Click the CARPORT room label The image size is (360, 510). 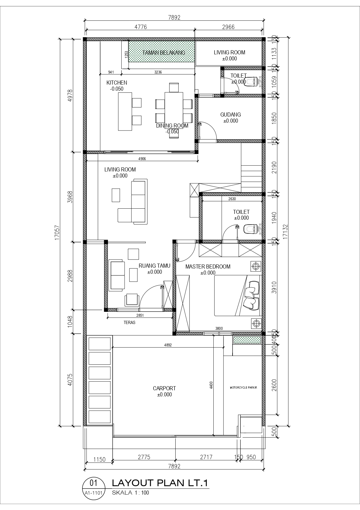164,388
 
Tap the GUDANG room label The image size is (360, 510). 231,115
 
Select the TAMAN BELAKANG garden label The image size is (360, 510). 164,53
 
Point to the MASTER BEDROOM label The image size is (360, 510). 208,266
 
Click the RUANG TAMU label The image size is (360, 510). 154,266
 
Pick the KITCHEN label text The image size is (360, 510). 117,83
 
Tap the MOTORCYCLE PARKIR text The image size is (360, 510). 243,387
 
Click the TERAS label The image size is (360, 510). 129,323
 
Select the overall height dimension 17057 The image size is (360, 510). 57,232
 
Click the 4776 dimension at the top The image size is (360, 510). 141,27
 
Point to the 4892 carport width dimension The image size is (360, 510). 168,345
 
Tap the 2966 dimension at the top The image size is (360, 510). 228,27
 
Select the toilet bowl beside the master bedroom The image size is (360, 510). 250,229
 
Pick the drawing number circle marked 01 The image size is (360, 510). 94,484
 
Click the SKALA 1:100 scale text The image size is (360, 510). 130,493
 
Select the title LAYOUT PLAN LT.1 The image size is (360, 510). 160,483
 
